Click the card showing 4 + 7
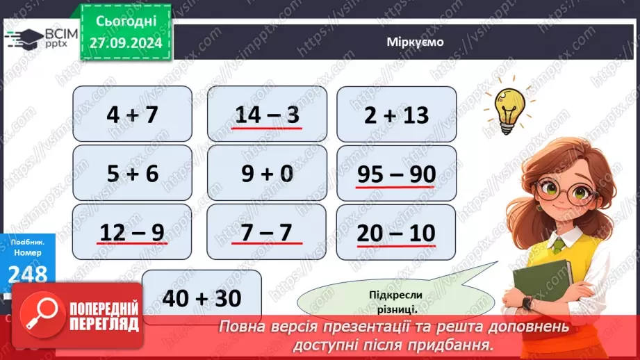pyautogui.click(x=132, y=114)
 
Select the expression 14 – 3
pyautogui.click(x=267, y=114)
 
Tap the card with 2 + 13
pyautogui.click(x=396, y=114)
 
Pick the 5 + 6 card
pyautogui.click(x=132, y=173)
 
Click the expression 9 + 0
pyautogui.click(x=267, y=173)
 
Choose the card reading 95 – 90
pyautogui.click(x=396, y=174)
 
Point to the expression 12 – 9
pyautogui.click(x=132, y=232)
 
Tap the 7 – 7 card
pyautogui.click(x=267, y=232)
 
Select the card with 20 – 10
pyautogui.click(x=396, y=233)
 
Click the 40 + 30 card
pyautogui.click(x=202, y=298)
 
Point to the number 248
pyautogui.click(x=28, y=273)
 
